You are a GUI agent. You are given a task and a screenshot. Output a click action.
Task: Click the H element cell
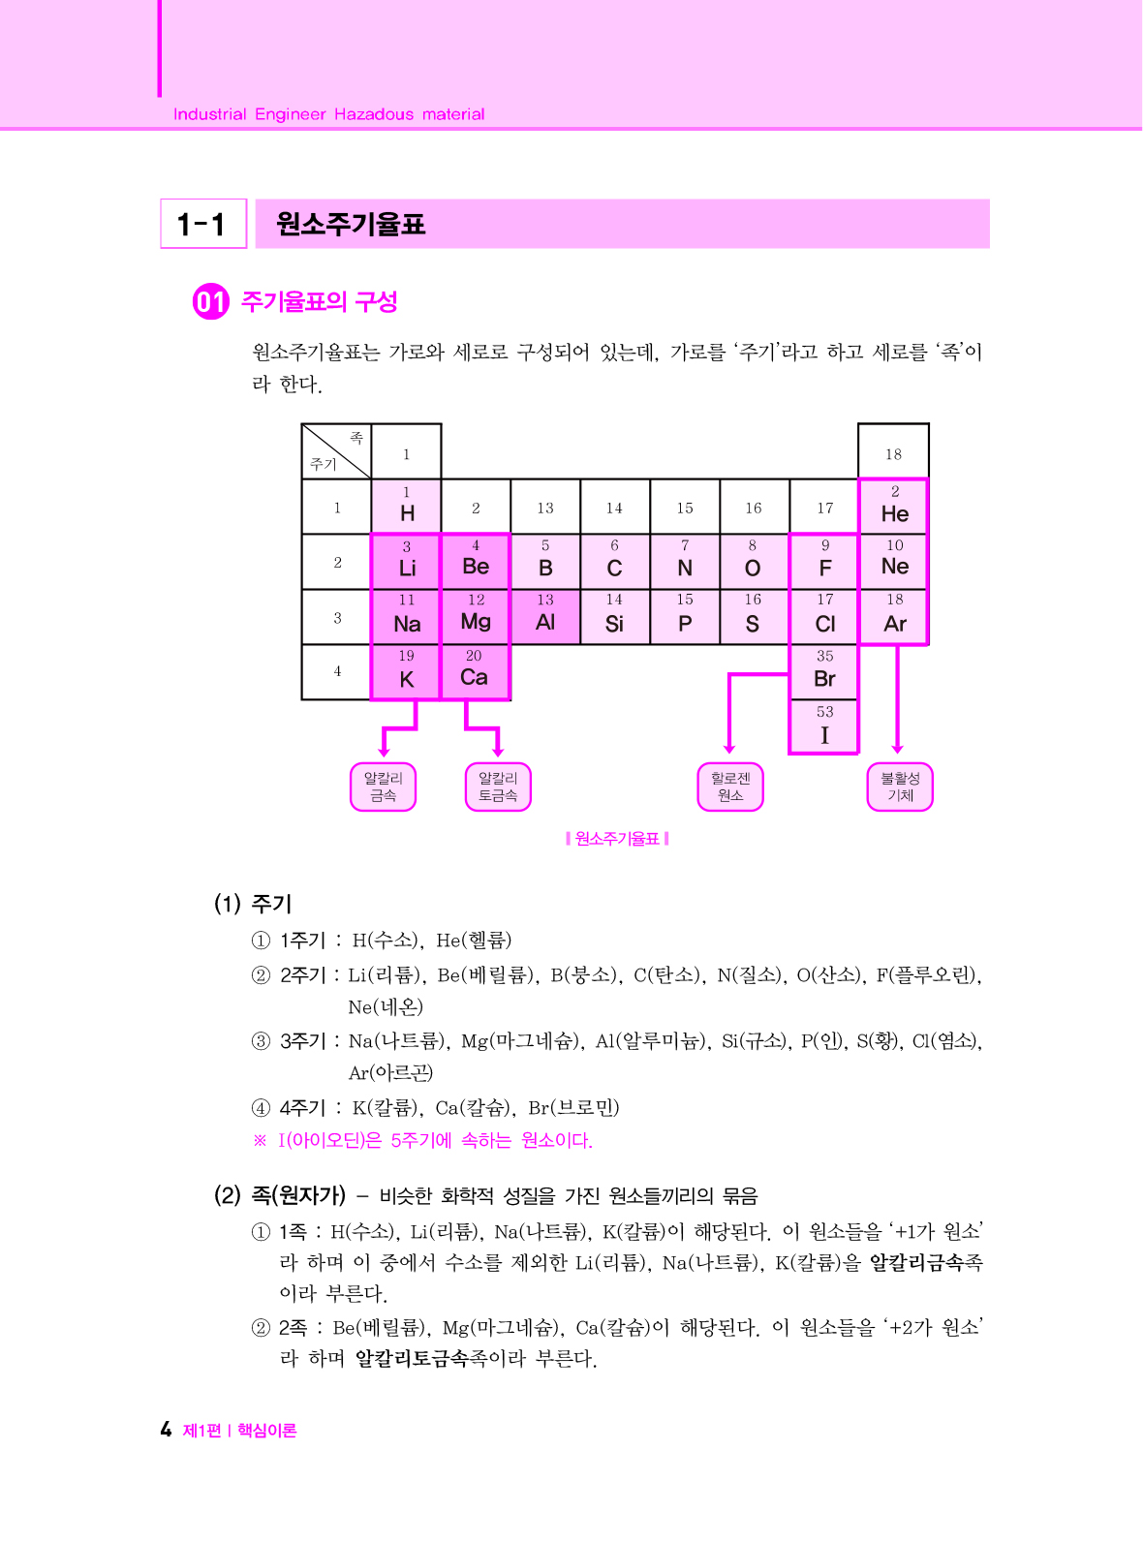(407, 506)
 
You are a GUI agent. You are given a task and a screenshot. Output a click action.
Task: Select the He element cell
(894, 506)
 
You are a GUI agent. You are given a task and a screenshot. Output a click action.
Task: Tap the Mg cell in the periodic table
(476, 616)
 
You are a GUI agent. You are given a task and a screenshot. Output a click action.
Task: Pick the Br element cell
(824, 671)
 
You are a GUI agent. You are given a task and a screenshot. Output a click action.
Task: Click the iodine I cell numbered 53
(824, 726)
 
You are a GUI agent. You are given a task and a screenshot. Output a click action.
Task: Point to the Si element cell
(614, 616)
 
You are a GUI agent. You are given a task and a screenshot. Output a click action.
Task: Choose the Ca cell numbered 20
(475, 671)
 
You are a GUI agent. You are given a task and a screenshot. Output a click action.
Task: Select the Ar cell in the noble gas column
(894, 616)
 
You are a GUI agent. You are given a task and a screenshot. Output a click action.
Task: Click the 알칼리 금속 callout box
(383, 787)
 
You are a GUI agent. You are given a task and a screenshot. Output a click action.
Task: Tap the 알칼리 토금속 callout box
(498, 787)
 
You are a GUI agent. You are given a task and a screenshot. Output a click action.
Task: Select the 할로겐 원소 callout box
(730, 787)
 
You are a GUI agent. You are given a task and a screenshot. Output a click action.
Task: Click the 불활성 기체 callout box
(900, 787)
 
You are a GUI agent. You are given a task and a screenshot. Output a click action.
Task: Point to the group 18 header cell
(893, 452)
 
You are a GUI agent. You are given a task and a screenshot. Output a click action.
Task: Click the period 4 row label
(337, 671)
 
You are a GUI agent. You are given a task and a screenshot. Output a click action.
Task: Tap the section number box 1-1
(203, 225)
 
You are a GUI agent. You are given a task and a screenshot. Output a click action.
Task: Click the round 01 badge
(210, 302)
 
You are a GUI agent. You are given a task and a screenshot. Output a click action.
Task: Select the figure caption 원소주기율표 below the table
(617, 839)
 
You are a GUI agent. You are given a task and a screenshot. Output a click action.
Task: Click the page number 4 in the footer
(166, 1430)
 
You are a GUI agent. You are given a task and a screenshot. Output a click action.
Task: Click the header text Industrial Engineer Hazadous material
(328, 114)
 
